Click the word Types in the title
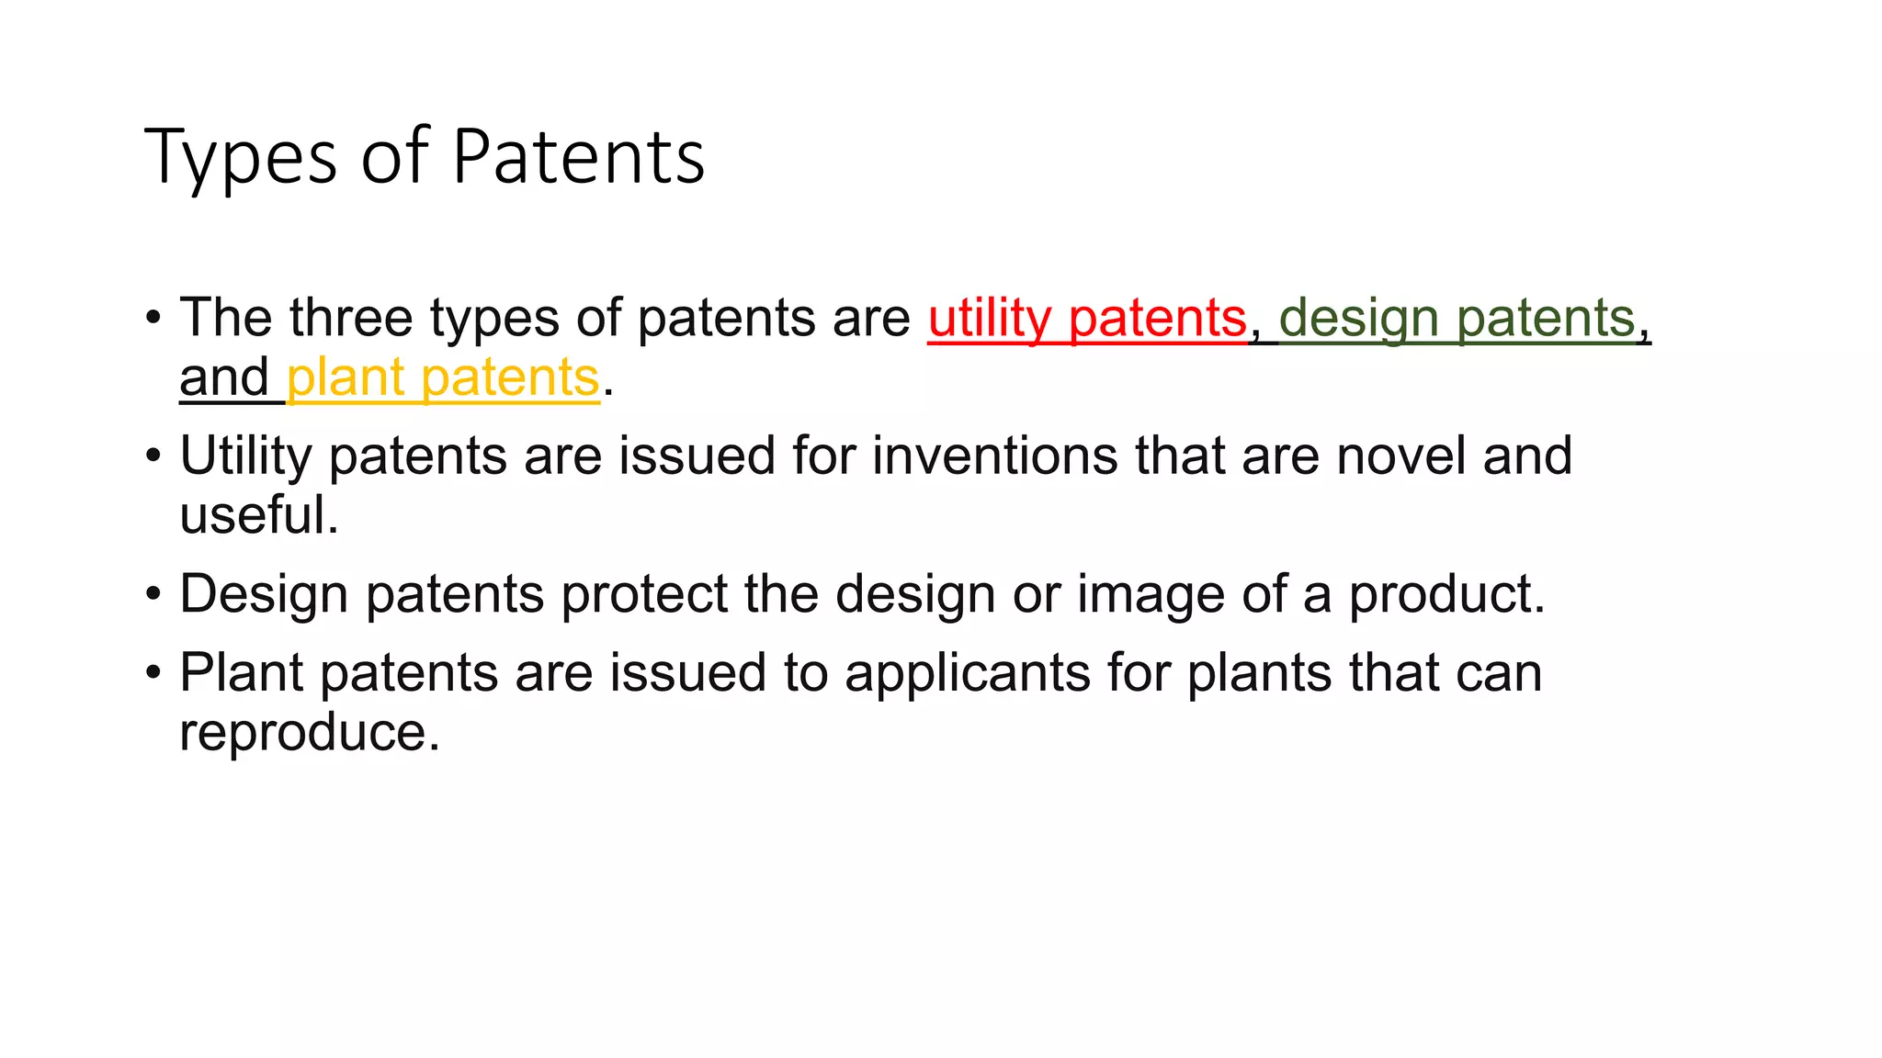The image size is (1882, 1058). pyautogui.click(x=241, y=158)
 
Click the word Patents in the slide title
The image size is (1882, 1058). pyautogui.click(x=578, y=156)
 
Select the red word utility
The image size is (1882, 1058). pyautogui.click(x=989, y=319)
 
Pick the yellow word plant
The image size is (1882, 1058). pyautogui.click(x=346, y=378)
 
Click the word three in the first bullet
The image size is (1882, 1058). pyautogui.click(x=351, y=318)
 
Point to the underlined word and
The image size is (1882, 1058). pyautogui.click(x=224, y=377)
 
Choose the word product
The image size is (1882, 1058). pyautogui.click(x=1446, y=595)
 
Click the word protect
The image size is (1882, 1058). pyautogui.click(x=644, y=595)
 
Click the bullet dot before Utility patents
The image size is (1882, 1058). pyautogui.click(x=153, y=456)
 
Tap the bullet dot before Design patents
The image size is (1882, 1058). pyautogui.click(x=153, y=594)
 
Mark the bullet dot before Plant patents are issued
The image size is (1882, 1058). pyautogui.click(x=153, y=673)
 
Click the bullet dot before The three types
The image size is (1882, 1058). pyautogui.click(x=153, y=319)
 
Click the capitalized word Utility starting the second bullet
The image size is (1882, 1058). pyautogui.click(x=245, y=456)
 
